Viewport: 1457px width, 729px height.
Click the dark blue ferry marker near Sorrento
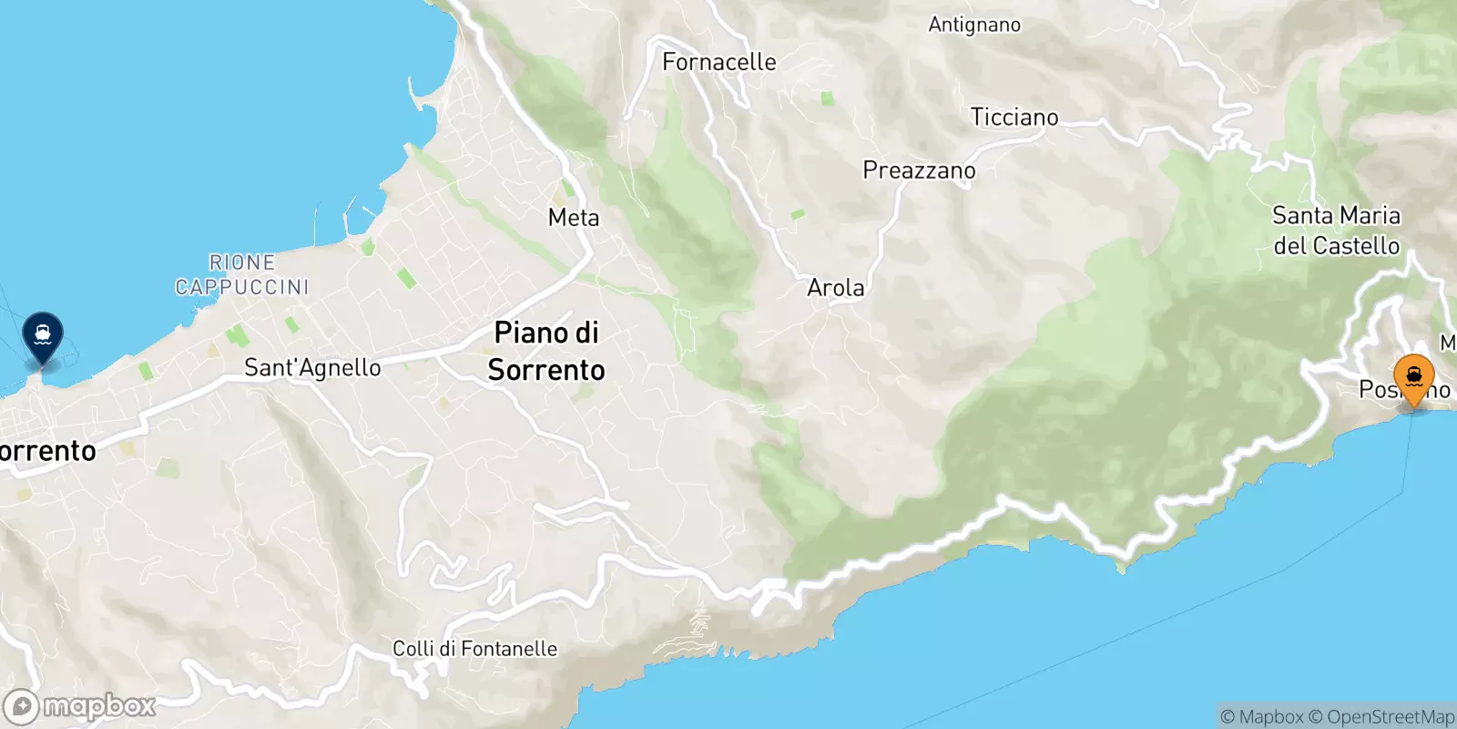[x=43, y=335]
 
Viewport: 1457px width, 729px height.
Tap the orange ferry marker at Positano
[x=1413, y=378]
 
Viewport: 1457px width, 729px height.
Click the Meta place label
[x=574, y=218]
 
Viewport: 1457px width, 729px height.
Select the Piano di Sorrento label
[x=546, y=351]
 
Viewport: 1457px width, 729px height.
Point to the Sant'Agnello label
[x=312, y=368]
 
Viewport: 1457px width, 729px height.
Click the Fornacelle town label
[x=719, y=62]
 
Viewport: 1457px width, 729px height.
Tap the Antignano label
[x=974, y=25]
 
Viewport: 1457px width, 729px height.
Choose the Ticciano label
[x=1014, y=118]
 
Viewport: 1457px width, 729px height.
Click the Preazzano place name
[x=919, y=170]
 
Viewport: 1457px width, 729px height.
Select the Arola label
[x=836, y=288]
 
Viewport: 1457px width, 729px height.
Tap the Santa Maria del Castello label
[x=1336, y=231]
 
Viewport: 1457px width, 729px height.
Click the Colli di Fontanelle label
[x=474, y=649]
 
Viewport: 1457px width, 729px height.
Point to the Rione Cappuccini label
[x=242, y=274]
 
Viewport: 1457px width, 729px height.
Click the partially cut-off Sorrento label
[x=47, y=451]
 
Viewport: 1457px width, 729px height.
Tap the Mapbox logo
[x=80, y=706]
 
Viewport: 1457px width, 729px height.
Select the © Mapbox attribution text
[x=1262, y=717]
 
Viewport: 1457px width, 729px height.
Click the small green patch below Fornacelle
[x=827, y=98]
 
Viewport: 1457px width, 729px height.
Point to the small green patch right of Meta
[x=798, y=214]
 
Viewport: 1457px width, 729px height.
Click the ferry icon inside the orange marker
[x=1413, y=375]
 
